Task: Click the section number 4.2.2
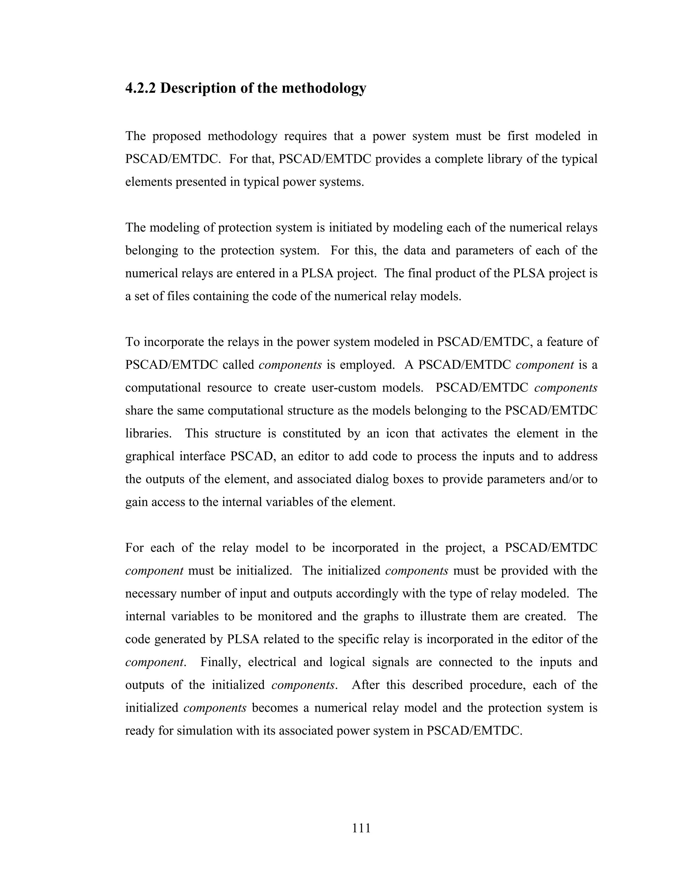pos(141,88)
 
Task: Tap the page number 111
pos(361,827)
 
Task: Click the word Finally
pos(221,662)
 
